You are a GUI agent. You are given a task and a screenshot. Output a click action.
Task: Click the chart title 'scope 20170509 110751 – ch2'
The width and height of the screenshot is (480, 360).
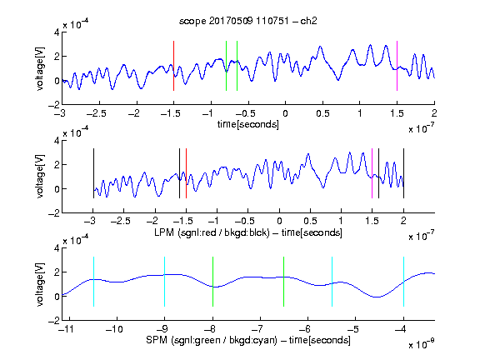coord(248,21)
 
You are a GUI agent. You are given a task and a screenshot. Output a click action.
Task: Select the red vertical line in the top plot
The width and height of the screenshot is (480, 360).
coord(173,66)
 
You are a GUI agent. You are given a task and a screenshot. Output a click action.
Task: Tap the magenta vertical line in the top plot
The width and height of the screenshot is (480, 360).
coord(397,66)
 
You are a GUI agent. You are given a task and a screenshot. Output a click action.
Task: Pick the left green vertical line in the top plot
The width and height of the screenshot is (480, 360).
coord(226,66)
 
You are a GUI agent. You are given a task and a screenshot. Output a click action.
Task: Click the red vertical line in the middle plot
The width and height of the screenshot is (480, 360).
coord(186,173)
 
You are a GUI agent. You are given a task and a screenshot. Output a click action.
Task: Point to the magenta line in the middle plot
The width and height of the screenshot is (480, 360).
coord(372,173)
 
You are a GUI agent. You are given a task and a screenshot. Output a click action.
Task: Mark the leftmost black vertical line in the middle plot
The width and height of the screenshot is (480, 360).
coord(93,173)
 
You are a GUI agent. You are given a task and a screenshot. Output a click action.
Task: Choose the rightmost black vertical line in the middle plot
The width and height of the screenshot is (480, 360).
coord(403,173)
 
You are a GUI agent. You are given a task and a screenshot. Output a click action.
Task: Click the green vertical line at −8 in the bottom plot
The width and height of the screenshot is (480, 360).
coord(212,282)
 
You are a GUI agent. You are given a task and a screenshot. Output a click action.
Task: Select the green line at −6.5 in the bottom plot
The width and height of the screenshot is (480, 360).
coord(284,282)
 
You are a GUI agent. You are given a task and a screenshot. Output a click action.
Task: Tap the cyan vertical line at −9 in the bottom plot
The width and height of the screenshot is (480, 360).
coord(164,282)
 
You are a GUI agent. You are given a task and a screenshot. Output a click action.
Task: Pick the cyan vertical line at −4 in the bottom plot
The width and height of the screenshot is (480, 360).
coord(403,282)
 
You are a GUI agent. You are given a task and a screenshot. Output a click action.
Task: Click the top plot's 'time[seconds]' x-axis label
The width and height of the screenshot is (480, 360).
coord(248,124)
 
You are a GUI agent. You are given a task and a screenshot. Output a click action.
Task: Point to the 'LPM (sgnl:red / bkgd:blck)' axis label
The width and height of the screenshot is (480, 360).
coord(212,232)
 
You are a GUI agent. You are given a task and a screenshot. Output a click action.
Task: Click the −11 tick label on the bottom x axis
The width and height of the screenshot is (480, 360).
coord(66,329)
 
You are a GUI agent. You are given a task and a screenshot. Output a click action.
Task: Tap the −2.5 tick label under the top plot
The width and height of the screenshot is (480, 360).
coord(97,113)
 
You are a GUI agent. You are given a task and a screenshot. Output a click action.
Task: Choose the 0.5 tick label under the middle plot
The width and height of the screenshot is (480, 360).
coord(310,221)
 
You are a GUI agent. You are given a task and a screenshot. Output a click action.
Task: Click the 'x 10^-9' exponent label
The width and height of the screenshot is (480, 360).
coord(422,344)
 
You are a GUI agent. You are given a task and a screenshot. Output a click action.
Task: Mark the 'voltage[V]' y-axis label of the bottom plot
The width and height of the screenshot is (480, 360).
coord(40,284)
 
